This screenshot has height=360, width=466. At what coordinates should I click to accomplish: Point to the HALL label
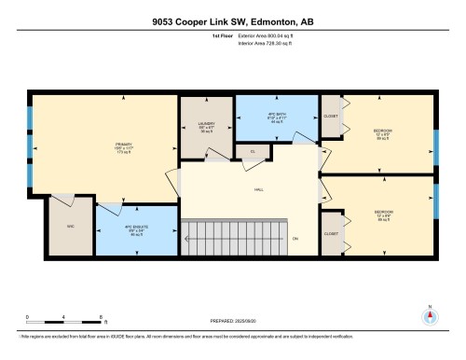pyautogui.click(x=257, y=190)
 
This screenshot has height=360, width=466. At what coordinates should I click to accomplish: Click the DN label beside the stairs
pyautogui.click(x=295, y=239)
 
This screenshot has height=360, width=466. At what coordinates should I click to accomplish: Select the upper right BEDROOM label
pyautogui.click(x=383, y=132)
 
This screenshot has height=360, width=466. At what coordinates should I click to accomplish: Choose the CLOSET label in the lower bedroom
pyautogui.click(x=331, y=234)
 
